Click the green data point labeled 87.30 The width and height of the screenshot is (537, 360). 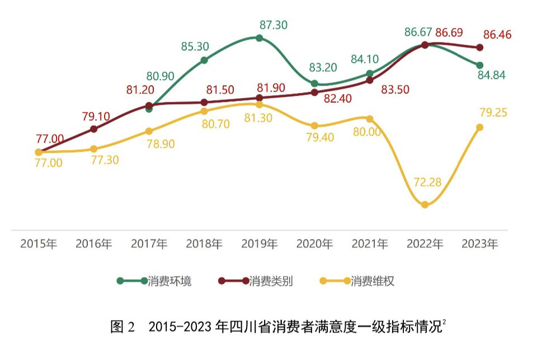click(x=259, y=38)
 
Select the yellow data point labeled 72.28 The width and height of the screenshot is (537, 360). click(x=425, y=205)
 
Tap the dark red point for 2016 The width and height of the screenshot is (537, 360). click(x=94, y=129)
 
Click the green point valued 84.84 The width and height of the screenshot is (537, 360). click(x=480, y=66)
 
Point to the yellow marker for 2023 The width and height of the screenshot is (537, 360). click(x=480, y=128)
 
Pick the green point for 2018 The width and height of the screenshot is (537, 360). click(x=204, y=60)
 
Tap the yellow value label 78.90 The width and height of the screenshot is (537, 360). click(x=160, y=144)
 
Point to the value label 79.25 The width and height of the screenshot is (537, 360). click(x=493, y=113)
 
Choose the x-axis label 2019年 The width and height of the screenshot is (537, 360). click(x=260, y=244)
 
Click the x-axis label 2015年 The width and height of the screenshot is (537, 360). click(x=39, y=244)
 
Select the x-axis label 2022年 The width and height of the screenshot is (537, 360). click(x=425, y=244)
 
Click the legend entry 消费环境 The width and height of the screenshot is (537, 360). click(x=169, y=281)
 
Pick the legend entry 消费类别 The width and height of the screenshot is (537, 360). click(x=271, y=281)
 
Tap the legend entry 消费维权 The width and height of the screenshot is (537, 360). click(x=373, y=281)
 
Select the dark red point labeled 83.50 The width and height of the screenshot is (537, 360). click(x=370, y=80)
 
